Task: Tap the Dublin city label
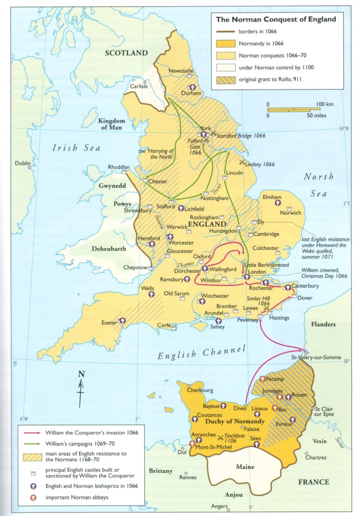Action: (x=23, y=163)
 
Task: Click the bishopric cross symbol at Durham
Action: (x=192, y=87)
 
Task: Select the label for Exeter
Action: (x=109, y=322)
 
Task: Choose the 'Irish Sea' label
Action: (x=77, y=148)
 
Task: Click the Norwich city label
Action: (x=291, y=212)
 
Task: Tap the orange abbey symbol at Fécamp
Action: (x=262, y=379)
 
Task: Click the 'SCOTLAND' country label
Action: (x=126, y=53)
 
